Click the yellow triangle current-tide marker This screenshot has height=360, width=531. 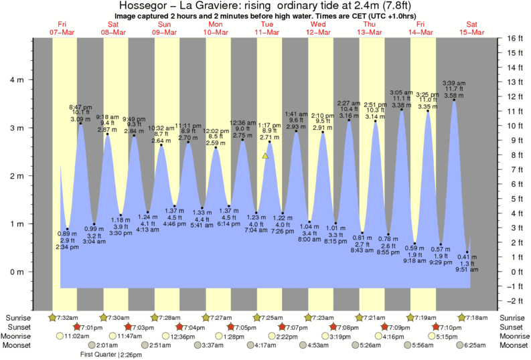pos(266,156)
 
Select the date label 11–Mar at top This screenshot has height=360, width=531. pos(267,32)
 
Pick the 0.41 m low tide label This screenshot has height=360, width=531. pos(468,257)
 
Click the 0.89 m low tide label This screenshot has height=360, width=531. pos(65,234)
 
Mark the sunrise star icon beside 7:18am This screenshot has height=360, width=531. pos(461,317)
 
